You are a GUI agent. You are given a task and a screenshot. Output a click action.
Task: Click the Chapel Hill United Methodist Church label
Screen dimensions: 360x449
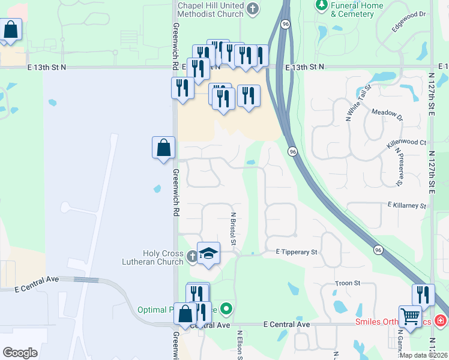pos(211,9)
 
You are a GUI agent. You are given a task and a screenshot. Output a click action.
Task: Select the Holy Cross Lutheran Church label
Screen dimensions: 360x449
pos(163,257)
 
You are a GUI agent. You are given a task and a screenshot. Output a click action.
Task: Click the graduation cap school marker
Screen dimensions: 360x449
pos(208,254)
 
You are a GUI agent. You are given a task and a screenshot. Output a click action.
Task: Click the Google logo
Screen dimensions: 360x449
pos(20,353)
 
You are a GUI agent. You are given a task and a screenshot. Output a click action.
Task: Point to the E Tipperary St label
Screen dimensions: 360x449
pos(296,253)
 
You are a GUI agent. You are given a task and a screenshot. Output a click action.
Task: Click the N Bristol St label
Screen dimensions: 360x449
pos(234,229)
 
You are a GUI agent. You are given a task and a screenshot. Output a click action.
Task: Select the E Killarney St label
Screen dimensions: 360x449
pos(406,206)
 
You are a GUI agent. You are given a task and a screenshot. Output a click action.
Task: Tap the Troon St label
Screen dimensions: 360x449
pos(348,283)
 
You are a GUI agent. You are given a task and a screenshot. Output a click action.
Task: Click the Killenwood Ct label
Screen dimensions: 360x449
pos(406,143)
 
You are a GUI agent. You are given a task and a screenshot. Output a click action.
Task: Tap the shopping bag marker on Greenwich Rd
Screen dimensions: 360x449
pos(164,148)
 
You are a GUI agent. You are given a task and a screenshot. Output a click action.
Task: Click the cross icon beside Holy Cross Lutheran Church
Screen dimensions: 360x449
pos(192,257)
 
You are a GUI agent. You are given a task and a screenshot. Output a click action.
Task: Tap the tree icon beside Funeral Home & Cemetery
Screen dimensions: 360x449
pos(322,5)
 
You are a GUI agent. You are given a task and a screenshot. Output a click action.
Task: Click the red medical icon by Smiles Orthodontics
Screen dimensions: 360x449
pos(441,322)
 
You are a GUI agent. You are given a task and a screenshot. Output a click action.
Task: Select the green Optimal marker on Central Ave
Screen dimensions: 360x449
pos(226,309)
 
